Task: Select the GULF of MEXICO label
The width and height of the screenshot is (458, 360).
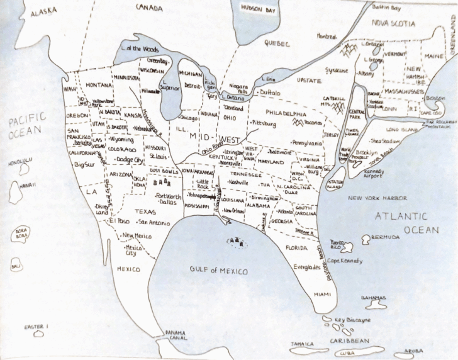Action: [218, 271]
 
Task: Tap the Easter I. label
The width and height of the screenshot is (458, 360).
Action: [36, 327]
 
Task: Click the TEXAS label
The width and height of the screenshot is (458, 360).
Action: [144, 212]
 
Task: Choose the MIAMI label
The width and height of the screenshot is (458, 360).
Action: [321, 294]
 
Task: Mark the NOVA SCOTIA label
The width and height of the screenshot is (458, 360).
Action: [393, 23]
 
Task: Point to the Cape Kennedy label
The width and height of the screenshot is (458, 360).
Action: [344, 261]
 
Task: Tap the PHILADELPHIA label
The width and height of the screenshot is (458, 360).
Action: [286, 115]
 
